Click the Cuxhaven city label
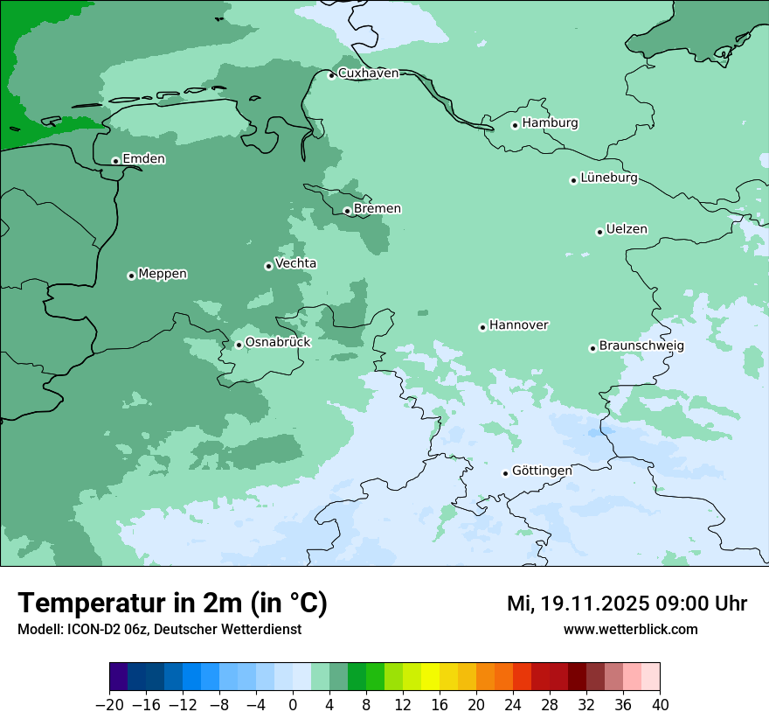tap(368, 73)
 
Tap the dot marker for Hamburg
tap(515, 125)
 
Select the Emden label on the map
tap(143, 159)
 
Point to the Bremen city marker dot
tap(347, 211)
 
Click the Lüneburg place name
tap(608, 178)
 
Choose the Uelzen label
tap(627, 230)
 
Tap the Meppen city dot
tap(131, 276)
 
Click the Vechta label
tap(295, 264)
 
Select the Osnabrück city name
tap(278, 343)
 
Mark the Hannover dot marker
tap(482, 327)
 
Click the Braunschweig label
tap(641, 346)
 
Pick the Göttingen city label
tap(542, 471)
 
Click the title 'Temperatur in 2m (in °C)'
tap(172, 604)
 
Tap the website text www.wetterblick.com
tap(630, 630)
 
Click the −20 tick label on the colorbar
tap(109, 705)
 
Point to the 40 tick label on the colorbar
tap(660, 705)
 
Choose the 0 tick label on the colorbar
tap(293, 705)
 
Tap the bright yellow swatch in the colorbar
tap(430, 677)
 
